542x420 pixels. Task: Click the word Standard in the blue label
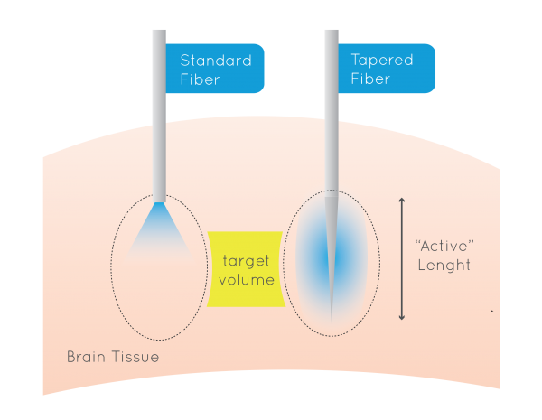tap(215, 61)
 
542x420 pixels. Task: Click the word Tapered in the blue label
tap(381, 61)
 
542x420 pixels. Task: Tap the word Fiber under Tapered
tap(370, 79)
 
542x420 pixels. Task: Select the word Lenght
tap(444, 266)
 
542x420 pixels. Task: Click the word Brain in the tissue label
tap(87, 357)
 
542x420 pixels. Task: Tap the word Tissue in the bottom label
tap(137, 357)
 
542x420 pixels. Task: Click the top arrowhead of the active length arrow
tap(402, 201)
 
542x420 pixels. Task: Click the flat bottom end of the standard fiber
tap(159, 201)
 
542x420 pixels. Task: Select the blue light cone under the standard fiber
tap(159, 237)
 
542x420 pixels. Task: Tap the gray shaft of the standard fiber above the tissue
tap(159, 81)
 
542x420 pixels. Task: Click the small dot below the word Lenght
tap(491, 310)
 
